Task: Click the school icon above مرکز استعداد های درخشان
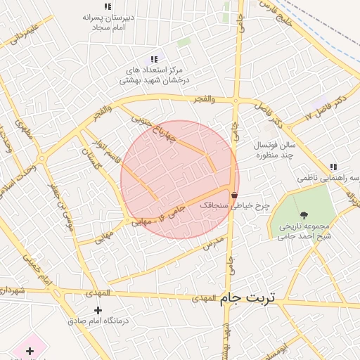click(154, 60)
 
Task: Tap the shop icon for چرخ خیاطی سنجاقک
click(233, 195)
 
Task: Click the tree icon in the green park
click(304, 215)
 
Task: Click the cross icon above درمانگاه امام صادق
click(97, 310)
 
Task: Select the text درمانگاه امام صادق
click(98, 321)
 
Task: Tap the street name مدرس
click(212, 243)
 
